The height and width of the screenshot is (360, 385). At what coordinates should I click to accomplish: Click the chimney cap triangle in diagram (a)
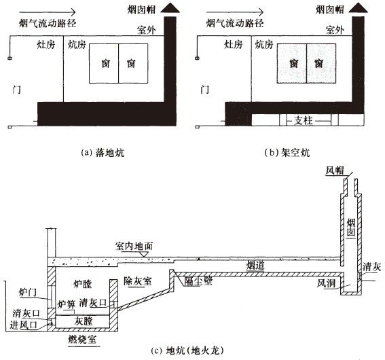[x=170, y=8]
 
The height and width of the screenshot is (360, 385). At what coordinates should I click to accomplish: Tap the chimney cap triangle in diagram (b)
[x=359, y=8]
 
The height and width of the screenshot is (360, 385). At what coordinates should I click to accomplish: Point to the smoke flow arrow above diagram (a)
[x=47, y=12]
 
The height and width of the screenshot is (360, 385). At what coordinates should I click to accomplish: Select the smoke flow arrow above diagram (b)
[x=235, y=12]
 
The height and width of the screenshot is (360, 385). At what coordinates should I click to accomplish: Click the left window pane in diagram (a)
[x=104, y=63]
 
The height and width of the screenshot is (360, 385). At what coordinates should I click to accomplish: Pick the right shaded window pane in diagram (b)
[x=321, y=63]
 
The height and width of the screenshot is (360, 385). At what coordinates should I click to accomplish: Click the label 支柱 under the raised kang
[x=304, y=121]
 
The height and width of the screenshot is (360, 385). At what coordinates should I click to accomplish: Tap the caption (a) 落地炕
[x=103, y=153]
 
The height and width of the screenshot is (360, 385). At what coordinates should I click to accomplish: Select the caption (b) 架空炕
[x=287, y=153]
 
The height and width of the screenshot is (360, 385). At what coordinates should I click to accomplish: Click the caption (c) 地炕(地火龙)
[x=187, y=350]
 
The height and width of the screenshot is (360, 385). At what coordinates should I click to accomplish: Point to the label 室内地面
[x=134, y=246]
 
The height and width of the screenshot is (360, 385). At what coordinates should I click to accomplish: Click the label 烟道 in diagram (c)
[x=255, y=266]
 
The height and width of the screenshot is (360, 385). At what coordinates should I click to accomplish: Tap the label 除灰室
[x=138, y=281]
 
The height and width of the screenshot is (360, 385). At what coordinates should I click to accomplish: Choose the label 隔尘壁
[x=198, y=281]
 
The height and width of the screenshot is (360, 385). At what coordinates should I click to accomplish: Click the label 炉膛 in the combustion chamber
[x=83, y=284]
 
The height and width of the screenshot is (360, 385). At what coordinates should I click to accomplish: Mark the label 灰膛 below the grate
[x=84, y=321]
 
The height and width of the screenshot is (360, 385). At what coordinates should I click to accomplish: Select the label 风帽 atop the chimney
[x=335, y=170]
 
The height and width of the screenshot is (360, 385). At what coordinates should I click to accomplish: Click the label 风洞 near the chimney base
[x=326, y=284]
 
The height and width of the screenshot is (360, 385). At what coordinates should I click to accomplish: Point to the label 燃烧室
[x=82, y=340]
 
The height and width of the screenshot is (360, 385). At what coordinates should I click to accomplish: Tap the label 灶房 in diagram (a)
[x=46, y=45]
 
